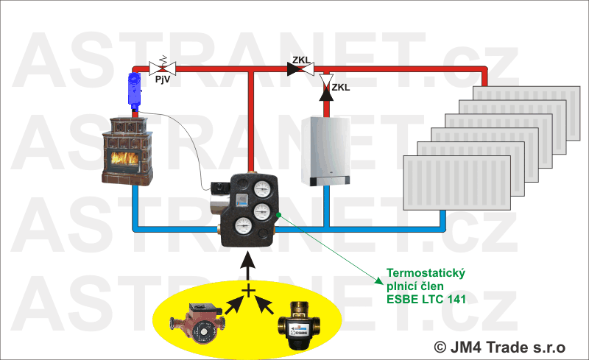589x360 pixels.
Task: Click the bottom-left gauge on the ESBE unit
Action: coord(241,227)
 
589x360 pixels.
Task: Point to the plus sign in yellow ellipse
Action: coord(248,292)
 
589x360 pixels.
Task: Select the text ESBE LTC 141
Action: coord(426,299)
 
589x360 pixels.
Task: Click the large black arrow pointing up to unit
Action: coord(248,261)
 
